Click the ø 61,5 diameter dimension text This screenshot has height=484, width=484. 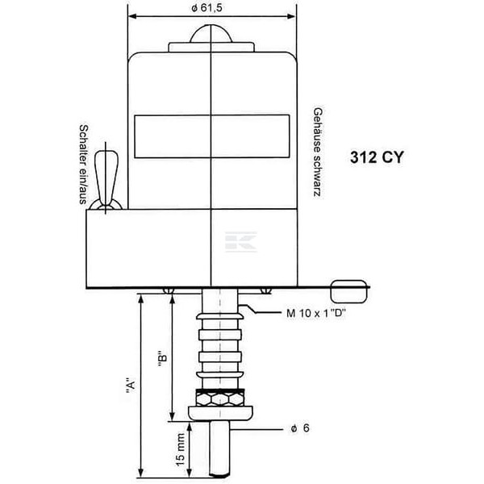(207, 8)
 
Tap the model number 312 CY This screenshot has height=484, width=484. (377, 157)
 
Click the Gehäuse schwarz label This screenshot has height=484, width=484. (318, 152)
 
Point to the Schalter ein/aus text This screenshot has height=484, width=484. (83, 165)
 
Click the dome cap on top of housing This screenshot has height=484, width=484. (211, 34)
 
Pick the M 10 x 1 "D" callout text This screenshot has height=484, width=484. (315, 313)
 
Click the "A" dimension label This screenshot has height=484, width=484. (131, 385)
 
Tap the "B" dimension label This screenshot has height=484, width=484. (163, 359)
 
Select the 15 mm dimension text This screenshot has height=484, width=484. (180, 449)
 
